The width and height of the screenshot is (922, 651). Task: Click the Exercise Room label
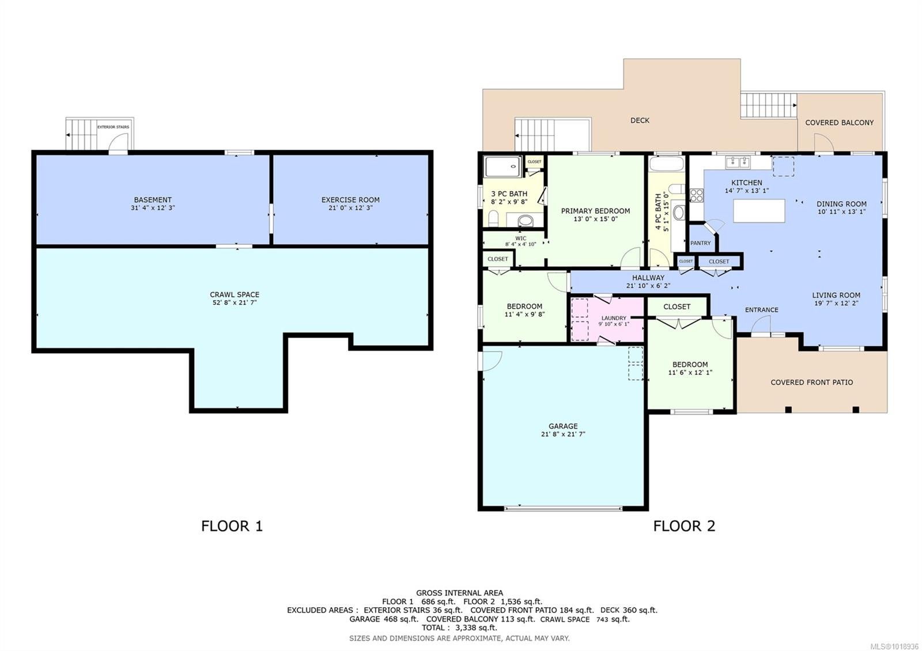[350, 200]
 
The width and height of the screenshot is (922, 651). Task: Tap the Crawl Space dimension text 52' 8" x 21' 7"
[234, 302]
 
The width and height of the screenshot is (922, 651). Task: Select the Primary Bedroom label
[595, 211]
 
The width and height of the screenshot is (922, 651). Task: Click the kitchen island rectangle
[759, 210]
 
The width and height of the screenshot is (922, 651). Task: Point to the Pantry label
[700, 243]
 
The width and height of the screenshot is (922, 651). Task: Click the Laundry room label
[614, 318]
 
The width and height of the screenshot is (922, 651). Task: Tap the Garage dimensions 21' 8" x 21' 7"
[563, 434]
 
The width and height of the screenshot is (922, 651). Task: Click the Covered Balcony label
[839, 123]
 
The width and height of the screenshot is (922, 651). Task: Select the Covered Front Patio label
[811, 383]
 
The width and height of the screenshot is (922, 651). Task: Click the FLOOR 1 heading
[232, 526]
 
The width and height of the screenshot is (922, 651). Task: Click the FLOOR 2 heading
[684, 526]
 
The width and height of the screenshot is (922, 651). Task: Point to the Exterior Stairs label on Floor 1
[113, 127]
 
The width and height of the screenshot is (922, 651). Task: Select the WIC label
[520, 238]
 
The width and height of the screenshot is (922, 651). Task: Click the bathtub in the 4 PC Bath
[666, 164]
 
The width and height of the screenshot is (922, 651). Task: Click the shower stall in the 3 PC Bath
[502, 167]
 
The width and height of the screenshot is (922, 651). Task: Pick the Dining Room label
[841, 204]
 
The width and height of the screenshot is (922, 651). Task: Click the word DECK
[640, 120]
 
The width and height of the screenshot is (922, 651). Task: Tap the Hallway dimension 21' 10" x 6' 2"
[648, 286]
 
